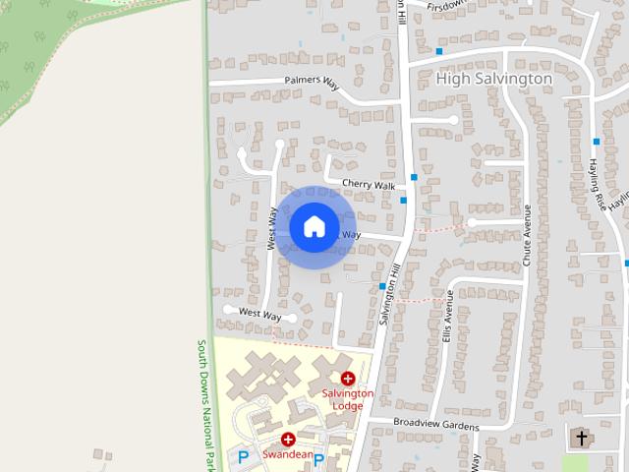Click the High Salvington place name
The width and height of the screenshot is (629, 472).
tap(493, 78)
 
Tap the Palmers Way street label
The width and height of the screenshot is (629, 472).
tap(312, 82)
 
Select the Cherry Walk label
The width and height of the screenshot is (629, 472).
tap(368, 185)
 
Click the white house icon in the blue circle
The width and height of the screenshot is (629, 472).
tap(314, 227)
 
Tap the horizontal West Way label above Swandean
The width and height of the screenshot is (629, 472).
tap(260, 315)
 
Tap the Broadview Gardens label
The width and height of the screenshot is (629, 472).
tap(435, 425)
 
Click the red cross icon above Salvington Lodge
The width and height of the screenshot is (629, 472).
tap(348, 379)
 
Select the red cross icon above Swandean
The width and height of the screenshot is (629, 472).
tap(288, 440)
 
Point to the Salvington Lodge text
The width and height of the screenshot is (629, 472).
tap(348, 399)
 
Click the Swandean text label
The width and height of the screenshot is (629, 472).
tap(287, 454)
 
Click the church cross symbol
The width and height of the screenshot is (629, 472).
tap(581, 437)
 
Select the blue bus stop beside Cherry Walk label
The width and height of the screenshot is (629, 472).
tap(415, 178)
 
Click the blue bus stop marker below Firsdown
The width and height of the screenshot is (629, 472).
tap(439, 50)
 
